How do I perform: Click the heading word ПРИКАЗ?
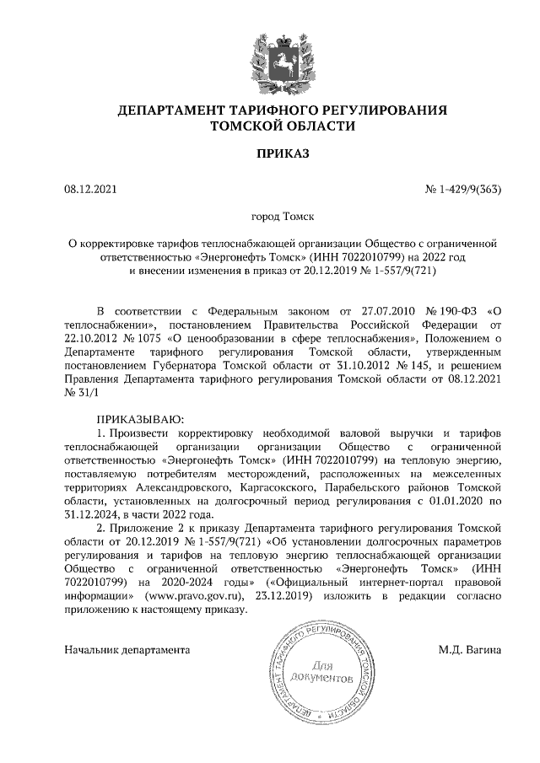[269, 153]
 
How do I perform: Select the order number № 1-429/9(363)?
[462, 189]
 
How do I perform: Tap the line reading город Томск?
[270, 216]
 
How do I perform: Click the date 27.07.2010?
[368, 310]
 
